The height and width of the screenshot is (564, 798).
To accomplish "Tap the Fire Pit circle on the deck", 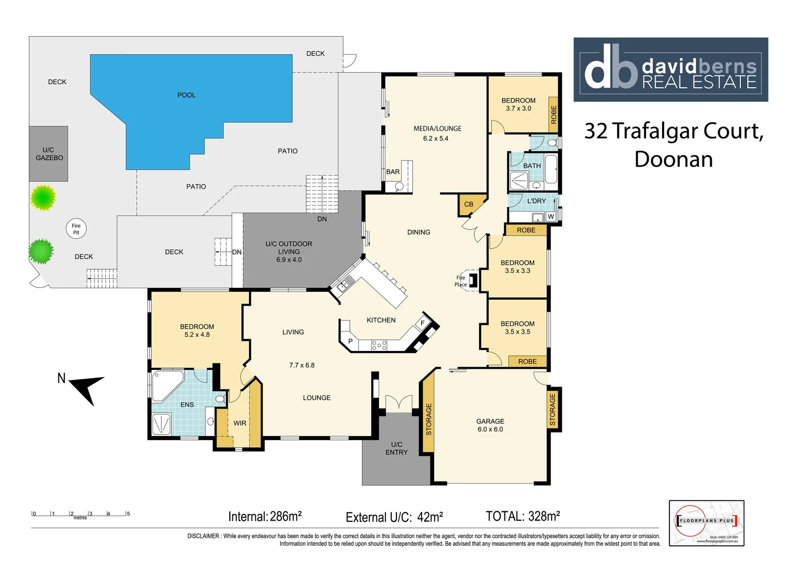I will (x=76, y=229).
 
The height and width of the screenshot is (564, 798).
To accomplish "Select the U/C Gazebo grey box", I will (x=49, y=154).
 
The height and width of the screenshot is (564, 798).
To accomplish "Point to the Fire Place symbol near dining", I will (x=473, y=280).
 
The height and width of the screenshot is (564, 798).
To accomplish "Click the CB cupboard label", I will (x=468, y=204).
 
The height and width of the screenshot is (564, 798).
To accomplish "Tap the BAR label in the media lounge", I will (x=393, y=172).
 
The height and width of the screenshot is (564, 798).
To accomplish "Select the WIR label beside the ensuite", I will (x=240, y=423).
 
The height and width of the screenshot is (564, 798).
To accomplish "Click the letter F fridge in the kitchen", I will (x=423, y=323).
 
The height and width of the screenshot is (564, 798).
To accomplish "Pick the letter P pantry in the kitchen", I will (x=350, y=341).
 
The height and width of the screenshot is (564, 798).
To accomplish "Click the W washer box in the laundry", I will (x=550, y=217).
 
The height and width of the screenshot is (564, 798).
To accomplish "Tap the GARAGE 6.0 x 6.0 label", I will (x=490, y=425).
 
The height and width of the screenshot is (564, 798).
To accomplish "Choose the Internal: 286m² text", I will (x=265, y=516).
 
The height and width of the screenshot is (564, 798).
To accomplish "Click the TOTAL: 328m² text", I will (x=522, y=516).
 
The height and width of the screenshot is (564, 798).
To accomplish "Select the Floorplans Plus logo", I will (x=706, y=523).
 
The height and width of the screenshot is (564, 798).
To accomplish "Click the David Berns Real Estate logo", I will (x=671, y=69).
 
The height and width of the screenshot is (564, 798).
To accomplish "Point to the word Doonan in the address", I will (x=673, y=159).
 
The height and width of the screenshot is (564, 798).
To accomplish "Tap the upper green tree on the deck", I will (x=43, y=197).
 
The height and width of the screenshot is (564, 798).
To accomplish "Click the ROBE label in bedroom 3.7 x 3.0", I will (x=554, y=114).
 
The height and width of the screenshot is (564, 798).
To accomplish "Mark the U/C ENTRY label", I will (x=396, y=448).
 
